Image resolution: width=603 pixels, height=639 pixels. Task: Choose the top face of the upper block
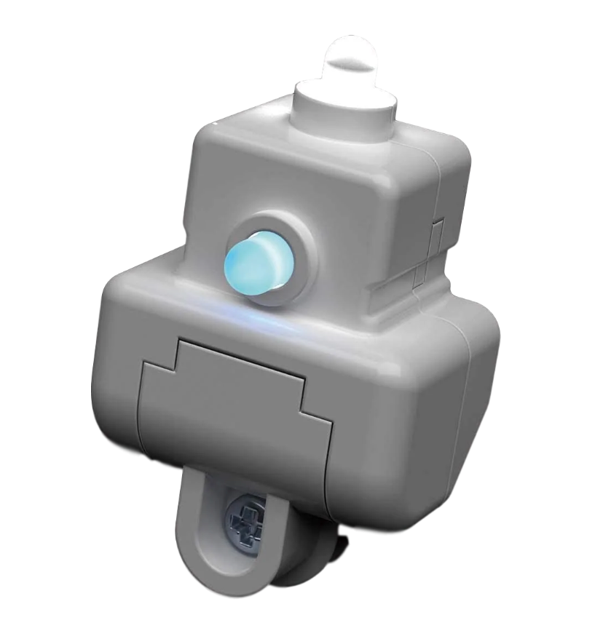pyautogui.click(x=320, y=149)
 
